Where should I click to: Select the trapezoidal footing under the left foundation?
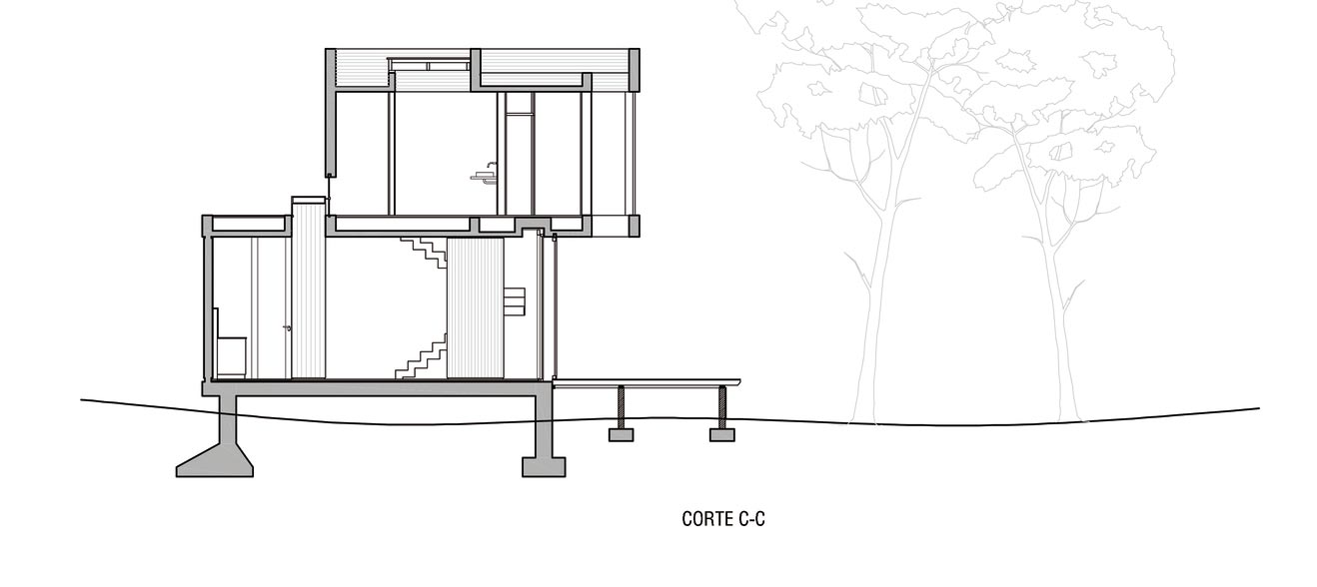pyautogui.click(x=215, y=460)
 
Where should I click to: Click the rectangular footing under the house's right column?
pyautogui.click(x=544, y=467)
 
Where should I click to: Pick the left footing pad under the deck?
pyautogui.click(x=621, y=435)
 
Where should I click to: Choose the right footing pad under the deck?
pyautogui.click(x=722, y=435)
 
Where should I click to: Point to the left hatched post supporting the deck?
pyautogui.click(x=621, y=407)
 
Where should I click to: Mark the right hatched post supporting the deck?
pyautogui.click(x=722, y=407)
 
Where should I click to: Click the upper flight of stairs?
pyautogui.click(x=424, y=252)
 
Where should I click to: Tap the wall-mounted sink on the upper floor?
pyautogui.click(x=484, y=176)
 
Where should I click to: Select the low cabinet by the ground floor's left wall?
pyautogui.click(x=231, y=356)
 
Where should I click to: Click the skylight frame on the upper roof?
pyautogui.click(x=430, y=64)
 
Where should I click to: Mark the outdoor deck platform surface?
pyautogui.click(x=647, y=383)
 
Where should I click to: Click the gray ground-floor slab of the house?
pyautogui.click(x=377, y=387)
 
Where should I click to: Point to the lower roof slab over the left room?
pyautogui.click(x=247, y=224)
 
